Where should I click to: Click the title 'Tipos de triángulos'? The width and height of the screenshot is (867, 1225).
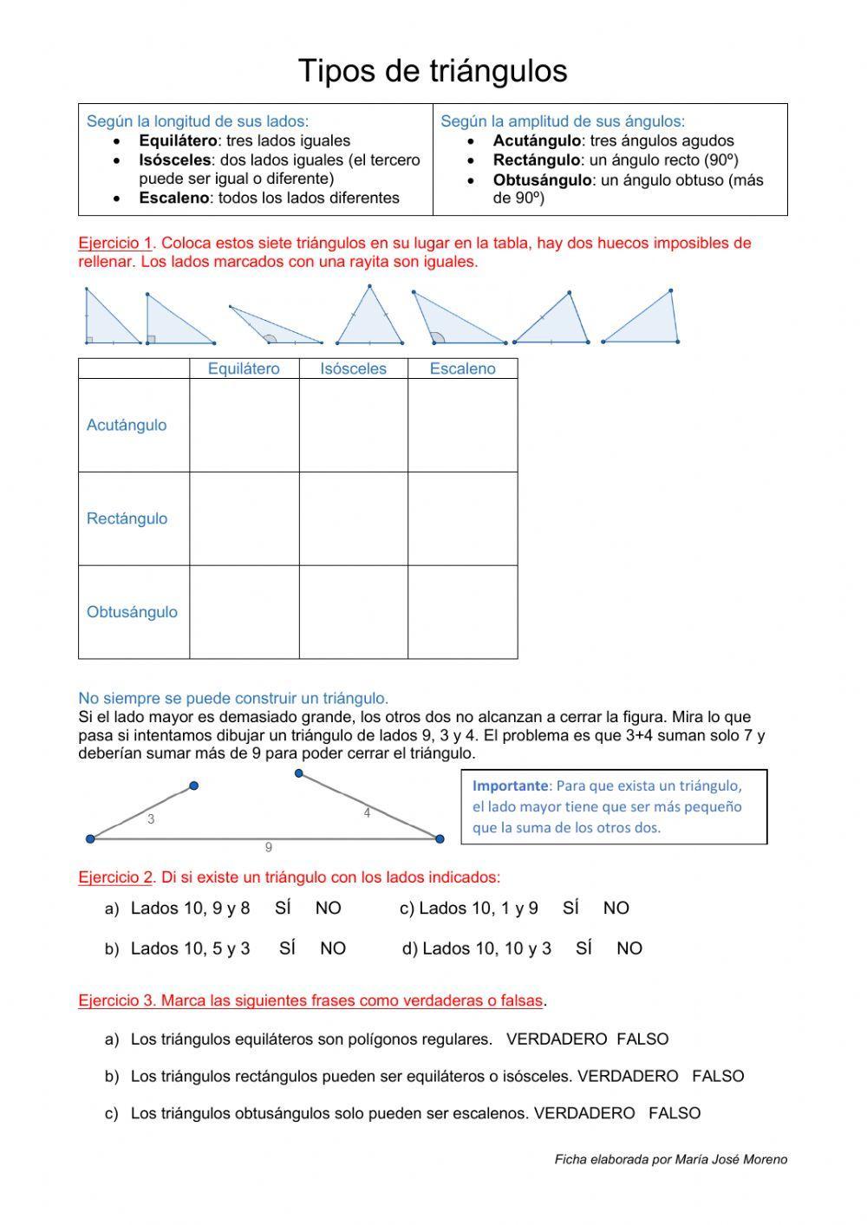pos(433,71)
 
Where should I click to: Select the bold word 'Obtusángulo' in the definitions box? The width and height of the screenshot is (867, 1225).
pos(542,180)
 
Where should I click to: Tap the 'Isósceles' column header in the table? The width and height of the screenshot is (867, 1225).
pos(353,368)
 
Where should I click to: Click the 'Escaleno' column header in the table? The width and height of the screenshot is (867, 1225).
pos(462,368)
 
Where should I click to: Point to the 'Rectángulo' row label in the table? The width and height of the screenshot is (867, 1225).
pos(127,518)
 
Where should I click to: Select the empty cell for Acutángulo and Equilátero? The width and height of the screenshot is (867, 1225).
pos(244,425)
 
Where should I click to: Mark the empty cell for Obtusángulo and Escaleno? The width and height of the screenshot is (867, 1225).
pos(462,612)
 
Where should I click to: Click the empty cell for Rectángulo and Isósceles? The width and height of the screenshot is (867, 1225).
pos(353,518)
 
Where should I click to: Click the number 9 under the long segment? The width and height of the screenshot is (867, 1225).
pos(269,848)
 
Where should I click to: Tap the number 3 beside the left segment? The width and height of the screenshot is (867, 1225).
pos(151,819)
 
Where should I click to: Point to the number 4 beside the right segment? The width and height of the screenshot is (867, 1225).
pos(367,813)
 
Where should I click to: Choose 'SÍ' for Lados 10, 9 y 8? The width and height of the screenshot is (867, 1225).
pos(283,908)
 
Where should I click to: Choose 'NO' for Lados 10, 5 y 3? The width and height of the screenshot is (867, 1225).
pos(333,948)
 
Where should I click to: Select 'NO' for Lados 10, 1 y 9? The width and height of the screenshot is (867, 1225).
pos(616,908)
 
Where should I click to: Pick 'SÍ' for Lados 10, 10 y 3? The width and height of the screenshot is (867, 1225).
pos(583,948)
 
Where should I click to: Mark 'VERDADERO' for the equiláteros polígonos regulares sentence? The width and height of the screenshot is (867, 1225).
pos(556,1039)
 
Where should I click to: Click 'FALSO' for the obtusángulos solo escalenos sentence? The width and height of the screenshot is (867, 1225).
pos(674,1113)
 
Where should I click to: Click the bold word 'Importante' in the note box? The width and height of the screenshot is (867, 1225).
pos(510,785)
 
